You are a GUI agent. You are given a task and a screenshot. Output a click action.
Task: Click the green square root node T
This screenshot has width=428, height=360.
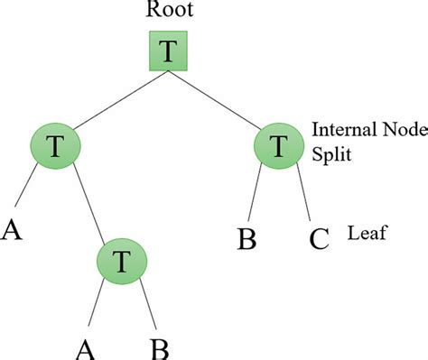(x=167, y=52)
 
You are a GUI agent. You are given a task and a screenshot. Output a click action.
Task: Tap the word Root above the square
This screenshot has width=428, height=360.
(x=167, y=13)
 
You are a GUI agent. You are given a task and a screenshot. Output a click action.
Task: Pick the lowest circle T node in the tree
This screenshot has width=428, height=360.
(x=122, y=262)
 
